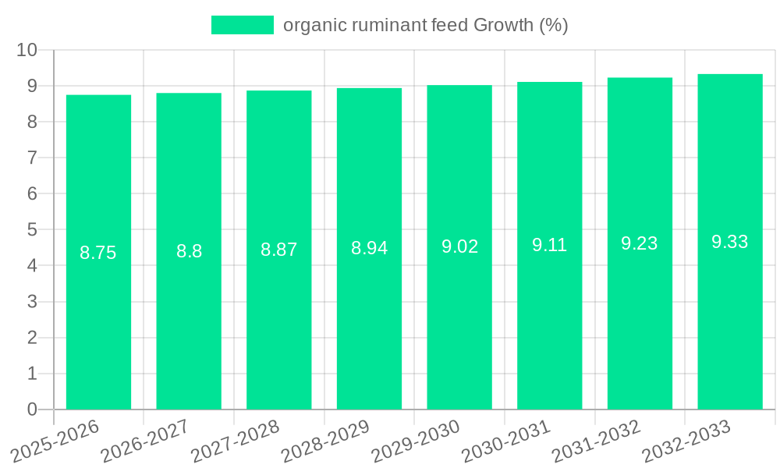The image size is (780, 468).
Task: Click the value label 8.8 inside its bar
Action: coord(189,251)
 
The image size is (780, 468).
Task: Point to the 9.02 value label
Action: coord(459,246)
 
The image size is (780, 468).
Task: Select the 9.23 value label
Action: coord(640,243)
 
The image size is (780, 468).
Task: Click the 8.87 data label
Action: coord(279,250)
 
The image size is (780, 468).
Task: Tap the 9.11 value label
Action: coord(550,245)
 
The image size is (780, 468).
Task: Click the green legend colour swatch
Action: coord(243,25)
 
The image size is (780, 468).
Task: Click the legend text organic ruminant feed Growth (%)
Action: coord(425,25)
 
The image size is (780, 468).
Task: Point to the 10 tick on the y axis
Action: coord(27,50)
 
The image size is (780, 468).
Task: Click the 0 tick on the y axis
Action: coord(32,409)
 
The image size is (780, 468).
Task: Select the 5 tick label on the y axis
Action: coord(32,230)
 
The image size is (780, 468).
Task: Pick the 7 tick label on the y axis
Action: coord(32,158)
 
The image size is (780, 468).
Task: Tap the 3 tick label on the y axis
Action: coord(32,302)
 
